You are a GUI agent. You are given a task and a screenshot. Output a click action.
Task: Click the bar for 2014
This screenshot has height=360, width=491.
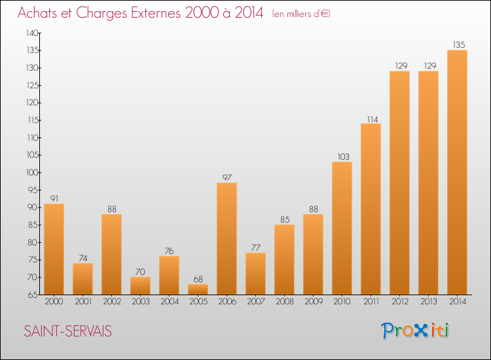pos(457,172)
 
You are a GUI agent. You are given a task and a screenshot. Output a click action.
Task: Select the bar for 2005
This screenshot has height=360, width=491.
pos(198,289)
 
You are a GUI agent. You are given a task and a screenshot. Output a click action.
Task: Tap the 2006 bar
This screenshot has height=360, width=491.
pos(227,238)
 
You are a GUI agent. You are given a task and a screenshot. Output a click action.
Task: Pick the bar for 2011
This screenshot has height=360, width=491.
pos(371,209)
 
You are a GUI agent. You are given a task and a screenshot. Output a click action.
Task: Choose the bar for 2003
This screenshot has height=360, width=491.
pos(140,286)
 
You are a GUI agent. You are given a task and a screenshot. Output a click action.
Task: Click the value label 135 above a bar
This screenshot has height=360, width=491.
pos(459,45)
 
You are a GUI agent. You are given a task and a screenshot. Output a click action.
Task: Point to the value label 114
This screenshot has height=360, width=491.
pos(373,119)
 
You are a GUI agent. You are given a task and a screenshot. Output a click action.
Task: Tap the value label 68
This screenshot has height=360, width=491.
pos(198,279)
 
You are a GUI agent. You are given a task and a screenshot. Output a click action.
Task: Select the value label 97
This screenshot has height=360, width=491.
pos(227,177)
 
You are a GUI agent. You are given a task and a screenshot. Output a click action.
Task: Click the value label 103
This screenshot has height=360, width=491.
pos(344,156)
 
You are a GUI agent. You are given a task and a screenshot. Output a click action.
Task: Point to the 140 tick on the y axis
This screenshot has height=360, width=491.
pos(32,33)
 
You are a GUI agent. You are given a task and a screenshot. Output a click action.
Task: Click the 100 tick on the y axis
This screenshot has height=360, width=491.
pos(32,173)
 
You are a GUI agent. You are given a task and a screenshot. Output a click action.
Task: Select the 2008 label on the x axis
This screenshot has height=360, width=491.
pos(285,302)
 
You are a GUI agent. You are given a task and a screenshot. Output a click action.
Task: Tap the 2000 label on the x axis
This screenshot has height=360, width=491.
pos(54,302)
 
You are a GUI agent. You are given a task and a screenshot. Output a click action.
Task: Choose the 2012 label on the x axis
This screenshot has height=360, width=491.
pos(400,302)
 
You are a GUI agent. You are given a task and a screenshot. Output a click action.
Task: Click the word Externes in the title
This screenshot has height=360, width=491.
pos(156,13)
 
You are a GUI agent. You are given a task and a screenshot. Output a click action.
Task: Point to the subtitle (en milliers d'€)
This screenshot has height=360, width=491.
pos(301,14)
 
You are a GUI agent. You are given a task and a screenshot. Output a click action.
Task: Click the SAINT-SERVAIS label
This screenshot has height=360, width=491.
pos(67,331)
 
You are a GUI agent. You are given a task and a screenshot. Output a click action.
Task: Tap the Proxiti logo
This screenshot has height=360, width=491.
pos(415,331)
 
